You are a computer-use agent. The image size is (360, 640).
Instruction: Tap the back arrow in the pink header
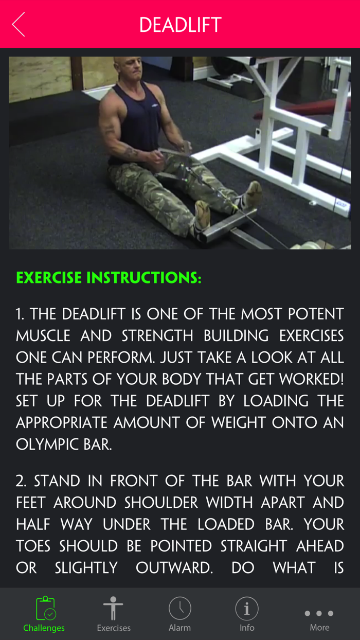point(19,24)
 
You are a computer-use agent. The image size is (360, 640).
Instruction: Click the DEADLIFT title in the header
point(180,25)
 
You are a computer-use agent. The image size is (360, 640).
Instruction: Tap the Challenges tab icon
point(45,609)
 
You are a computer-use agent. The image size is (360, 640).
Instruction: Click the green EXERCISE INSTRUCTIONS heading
point(109,278)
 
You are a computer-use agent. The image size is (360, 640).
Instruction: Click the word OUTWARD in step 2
point(174,568)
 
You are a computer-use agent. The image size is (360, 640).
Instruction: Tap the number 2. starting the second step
point(21,482)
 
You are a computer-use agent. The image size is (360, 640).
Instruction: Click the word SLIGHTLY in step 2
point(86,568)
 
